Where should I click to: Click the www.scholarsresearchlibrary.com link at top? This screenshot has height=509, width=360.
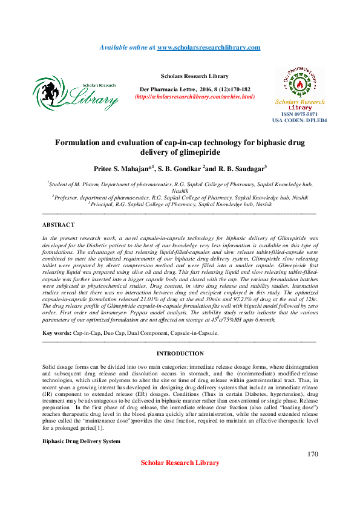pyautogui.click(x=209, y=47)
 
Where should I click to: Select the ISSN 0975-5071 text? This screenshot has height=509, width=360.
pyautogui.click(x=300, y=114)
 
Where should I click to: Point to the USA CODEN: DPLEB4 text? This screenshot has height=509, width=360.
pyautogui.click(x=299, y=120)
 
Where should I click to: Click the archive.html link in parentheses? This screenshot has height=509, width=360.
pyautogui.click(x=194, y=97)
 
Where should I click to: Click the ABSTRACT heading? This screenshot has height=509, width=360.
pyautogui.click(x=58, y=225)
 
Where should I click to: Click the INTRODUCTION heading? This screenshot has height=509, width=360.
pyautogui.click(x=180, y=354)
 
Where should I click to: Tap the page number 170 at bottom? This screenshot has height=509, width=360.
pyautogui.click(x=312, y=454)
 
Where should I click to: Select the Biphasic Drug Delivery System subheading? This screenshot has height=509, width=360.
pyautogui.click(x=81, y=442)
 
